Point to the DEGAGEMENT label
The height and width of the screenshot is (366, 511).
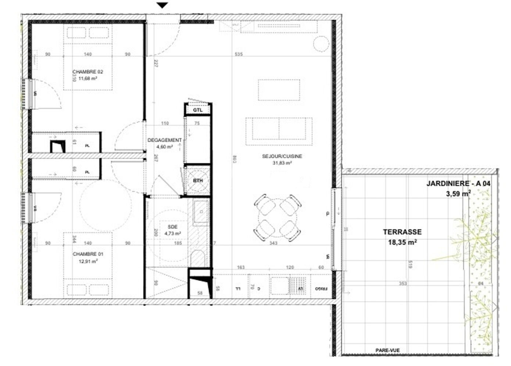click(164, 140)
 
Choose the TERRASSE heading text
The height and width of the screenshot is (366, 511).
click(402, 232)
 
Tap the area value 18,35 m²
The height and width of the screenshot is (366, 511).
click(402, 242)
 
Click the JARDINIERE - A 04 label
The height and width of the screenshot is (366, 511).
click(458, 183)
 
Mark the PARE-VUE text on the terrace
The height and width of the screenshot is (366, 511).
click(387, 350)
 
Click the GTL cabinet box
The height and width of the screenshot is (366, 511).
click(198, 110)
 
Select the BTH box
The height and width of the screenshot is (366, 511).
click(198, 180)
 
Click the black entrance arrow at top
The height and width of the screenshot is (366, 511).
click(162, 5)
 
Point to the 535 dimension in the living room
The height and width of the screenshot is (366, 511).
click(239, 54)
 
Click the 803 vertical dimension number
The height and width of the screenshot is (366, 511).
click(235, 159)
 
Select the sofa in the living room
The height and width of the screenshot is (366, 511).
click(279, 129)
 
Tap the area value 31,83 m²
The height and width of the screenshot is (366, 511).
click(282, 163)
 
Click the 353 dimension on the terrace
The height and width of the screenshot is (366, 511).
click(403, 283)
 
